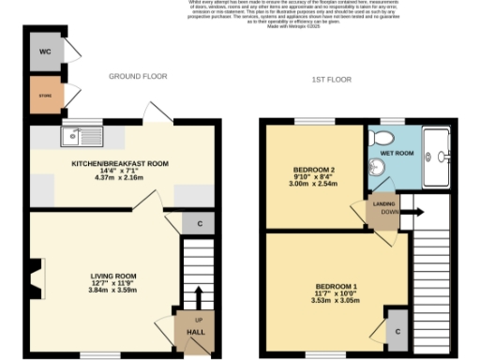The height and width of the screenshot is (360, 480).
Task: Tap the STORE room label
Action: point(44,96)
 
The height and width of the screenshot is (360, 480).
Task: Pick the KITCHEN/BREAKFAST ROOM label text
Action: point(120,164)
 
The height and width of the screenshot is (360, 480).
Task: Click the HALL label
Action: point(197,332)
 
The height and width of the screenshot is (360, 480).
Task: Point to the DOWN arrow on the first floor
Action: point(413,212)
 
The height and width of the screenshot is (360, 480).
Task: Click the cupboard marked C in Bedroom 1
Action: point(397,332)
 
